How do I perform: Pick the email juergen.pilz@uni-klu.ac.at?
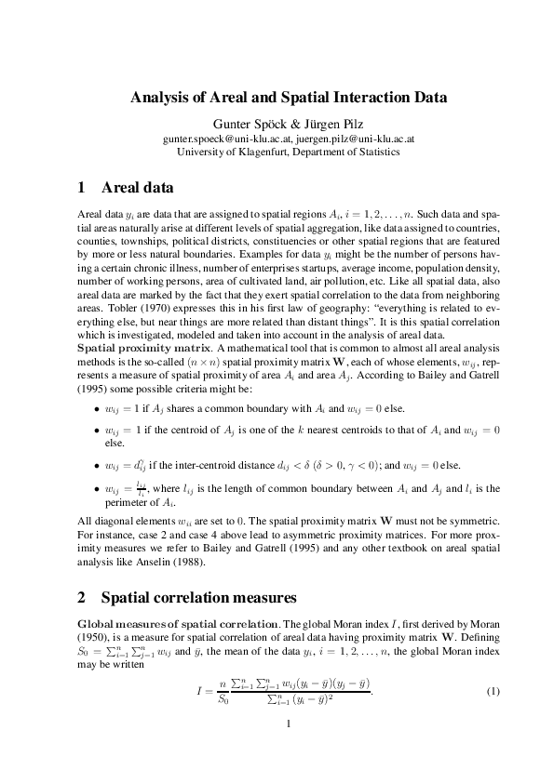355,137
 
